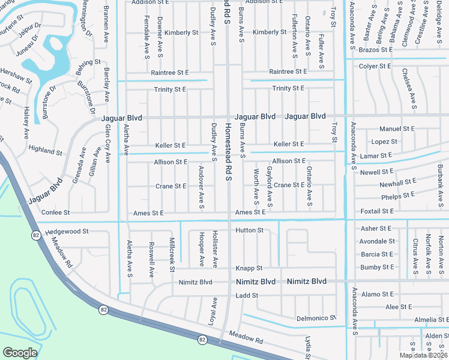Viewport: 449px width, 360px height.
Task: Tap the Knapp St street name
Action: [249, 268]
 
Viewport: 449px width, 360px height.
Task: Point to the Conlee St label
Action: [55, 212]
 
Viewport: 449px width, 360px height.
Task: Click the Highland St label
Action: [46, 152]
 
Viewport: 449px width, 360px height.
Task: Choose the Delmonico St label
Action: [316, 318]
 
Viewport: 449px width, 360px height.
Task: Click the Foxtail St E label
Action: [377, 212]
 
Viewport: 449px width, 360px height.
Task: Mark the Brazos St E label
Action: [375, 50]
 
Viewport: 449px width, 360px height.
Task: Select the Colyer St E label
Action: [375, 66]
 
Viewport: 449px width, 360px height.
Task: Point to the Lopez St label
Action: [384, 142]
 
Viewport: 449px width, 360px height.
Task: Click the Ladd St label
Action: [247, 296]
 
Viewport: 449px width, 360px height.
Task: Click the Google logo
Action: [20, 353]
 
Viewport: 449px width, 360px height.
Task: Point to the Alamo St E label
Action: [378, 295]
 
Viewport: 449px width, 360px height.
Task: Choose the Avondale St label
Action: [377, 241]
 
